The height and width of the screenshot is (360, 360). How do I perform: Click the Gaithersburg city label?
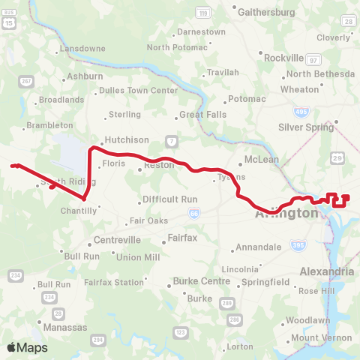(x=266, y=12)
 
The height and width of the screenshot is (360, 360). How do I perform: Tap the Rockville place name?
(x=283, y=57)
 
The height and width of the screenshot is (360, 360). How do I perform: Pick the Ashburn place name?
(x=85, y=76)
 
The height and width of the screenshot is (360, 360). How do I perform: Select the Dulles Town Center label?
(x=131, y=90)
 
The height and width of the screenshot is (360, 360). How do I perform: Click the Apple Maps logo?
(x=26, y=347)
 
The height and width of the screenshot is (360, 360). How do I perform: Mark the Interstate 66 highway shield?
(x=194, y=213)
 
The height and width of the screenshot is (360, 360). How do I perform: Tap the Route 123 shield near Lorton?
(x=179, y=331)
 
